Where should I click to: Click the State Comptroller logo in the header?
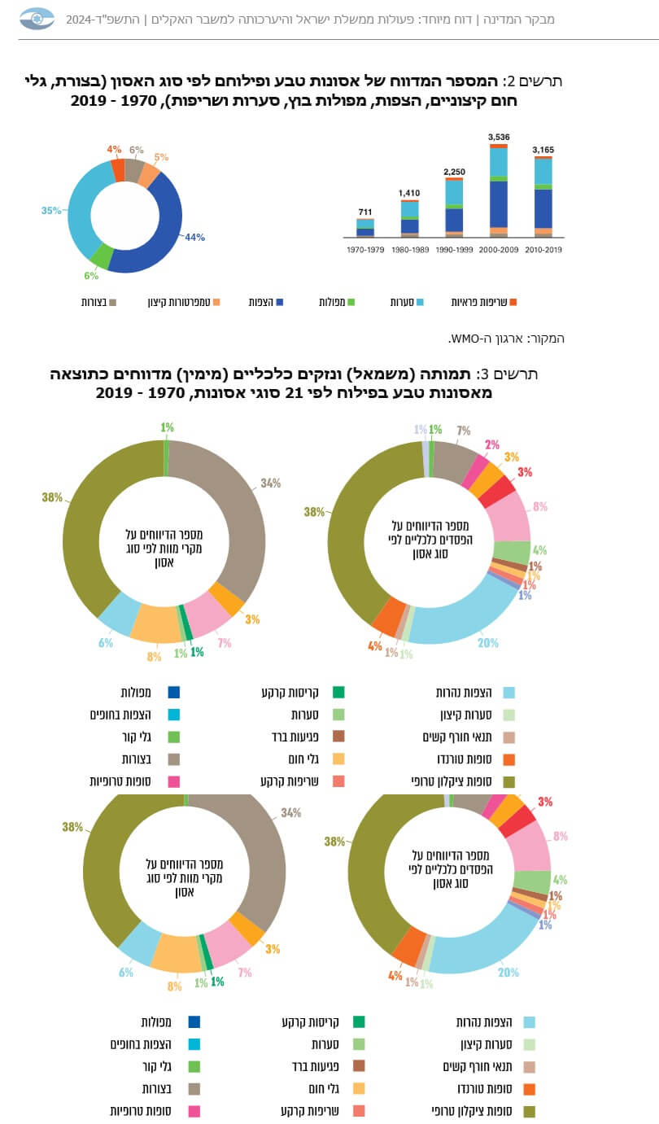pos(37,18)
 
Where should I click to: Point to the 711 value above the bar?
pos(364,212)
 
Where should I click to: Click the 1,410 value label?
pos(409,193)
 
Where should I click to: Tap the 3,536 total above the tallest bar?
pos(499,137)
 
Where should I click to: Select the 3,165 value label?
pos(543,150)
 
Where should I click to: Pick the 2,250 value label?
pos(454,172)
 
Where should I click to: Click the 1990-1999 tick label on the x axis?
pos(454,249)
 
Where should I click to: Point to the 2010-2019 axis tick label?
pos(543,249)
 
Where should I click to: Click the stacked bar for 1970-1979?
pos(364,228)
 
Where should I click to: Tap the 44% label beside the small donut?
pos(194,238)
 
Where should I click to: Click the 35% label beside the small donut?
pos(51,211)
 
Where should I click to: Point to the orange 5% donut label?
pos(161,157)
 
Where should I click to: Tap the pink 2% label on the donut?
pos(492,444)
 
